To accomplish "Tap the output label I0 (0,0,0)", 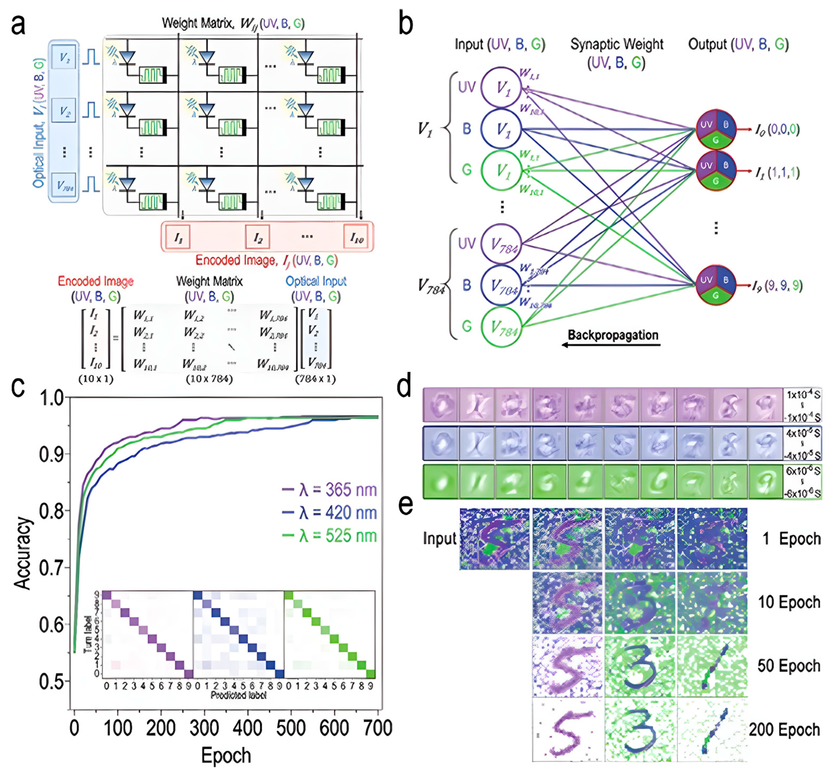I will tap(777, 130).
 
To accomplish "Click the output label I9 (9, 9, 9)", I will tap(777, 286).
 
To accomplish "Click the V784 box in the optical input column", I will tap(64, 185).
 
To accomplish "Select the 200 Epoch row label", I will tap(784, 730).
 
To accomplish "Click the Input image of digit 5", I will tap(495, 539).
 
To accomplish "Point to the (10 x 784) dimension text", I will tap(209, 379).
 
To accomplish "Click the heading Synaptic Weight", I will tap(616, 44).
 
